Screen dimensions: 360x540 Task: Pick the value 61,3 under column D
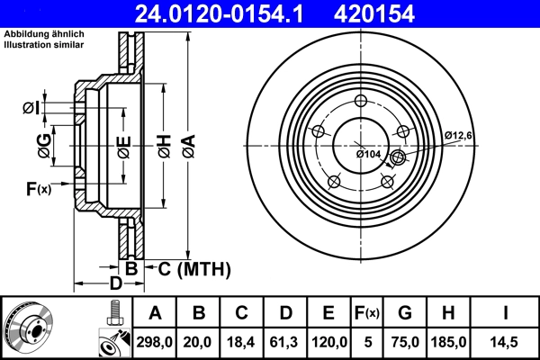[284, 342]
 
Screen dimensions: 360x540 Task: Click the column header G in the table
[405, 313]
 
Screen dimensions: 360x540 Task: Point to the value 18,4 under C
[241, 342]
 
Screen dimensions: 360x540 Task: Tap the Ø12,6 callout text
[460, 135]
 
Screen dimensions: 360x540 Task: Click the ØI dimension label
[31, 109]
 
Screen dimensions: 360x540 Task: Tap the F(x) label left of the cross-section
[39, 188]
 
